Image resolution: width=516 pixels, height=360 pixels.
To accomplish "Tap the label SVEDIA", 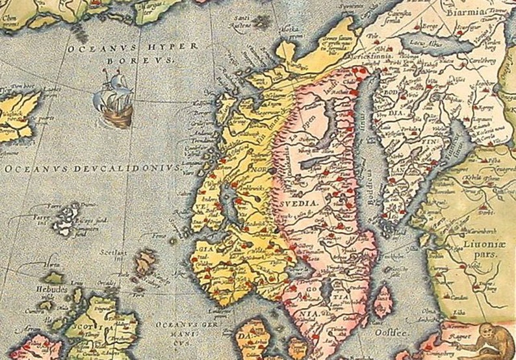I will click(x=300, y=203).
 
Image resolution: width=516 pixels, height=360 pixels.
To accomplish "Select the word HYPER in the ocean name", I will click(x=153, y=47).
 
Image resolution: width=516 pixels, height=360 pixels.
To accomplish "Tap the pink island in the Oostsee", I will click(x=383, y=301).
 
